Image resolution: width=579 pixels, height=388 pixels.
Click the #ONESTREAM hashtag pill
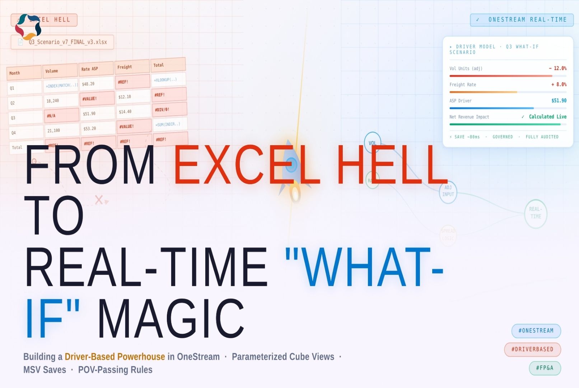coord(536,331)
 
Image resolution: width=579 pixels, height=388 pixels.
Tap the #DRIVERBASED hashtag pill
coord(532,349)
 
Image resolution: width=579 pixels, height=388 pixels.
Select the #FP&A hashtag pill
coord(545,368)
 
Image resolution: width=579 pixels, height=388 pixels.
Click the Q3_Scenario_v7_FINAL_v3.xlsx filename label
coord(67,42)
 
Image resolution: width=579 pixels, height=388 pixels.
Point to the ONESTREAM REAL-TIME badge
coord(522,20)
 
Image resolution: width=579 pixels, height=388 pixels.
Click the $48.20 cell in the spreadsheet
coord(88,84)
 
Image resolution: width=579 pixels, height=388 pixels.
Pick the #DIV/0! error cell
coord(162,110)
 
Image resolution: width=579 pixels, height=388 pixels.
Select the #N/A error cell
coord(51,116)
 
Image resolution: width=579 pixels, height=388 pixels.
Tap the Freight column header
coord(125,67)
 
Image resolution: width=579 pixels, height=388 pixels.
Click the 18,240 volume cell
coord(53,101)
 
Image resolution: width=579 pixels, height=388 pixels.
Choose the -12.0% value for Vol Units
coord(557,68)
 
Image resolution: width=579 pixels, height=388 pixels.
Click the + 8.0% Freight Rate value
coord(559,84)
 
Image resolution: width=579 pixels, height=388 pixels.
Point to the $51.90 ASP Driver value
coord(559,101)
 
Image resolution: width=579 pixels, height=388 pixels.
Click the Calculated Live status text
coord(547,117)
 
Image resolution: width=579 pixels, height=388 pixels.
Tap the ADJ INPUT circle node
coord(448,191)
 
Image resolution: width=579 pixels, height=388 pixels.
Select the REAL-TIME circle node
coord(536,213)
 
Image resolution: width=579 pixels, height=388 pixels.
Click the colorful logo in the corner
coord(28,27)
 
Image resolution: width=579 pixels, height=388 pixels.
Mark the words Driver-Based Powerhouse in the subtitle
coord(115,357)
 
